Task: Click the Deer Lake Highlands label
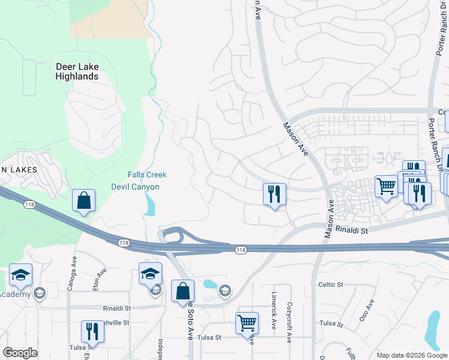click(x=77, y=71)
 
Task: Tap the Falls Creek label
click(x=146, y=175)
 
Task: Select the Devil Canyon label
click(x=136, y=187)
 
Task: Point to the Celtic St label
click(x=331, y=284)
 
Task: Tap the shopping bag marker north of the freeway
click(x=84, y=201)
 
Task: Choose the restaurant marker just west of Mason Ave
click(x=274, y=194)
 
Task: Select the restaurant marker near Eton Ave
click(x=92, y=331)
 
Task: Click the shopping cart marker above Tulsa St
click(x=247, y=323)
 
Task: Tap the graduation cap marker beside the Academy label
click(x=20, y=275)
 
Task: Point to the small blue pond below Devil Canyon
click(x=149, y=206)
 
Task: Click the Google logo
click(x=20, y=353)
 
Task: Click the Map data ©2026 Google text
click(x=411, y=355)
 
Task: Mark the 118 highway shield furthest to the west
click(x=29, y=205)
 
